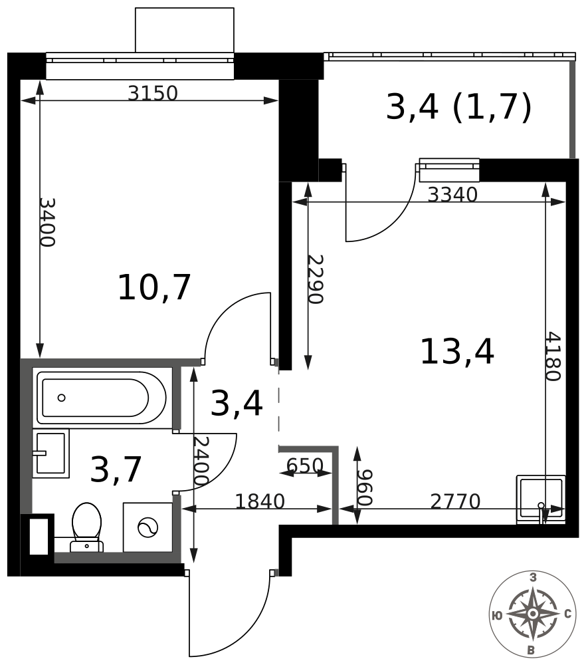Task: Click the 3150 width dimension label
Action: tap(153, 93)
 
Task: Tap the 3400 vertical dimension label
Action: tap(47, 222)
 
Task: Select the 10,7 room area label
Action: tap(154, 287)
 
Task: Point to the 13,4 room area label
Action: tap(456, 351)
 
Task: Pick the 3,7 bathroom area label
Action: tap(116, 469)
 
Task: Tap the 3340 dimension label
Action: tap(452, 195)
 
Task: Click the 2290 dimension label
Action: tap(316, 279)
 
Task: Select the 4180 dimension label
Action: tap(553, 356)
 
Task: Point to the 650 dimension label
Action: tap(305, 465)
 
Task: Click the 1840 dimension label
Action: tap(259, 501)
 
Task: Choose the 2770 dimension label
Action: tap(456, 501)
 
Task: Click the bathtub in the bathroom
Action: tap(101, 398)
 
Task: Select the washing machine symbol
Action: tap(148, 527)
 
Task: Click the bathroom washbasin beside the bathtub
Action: tap(51, 454)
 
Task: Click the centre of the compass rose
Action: tap(533, 614)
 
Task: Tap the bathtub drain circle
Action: tap(61, 398)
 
